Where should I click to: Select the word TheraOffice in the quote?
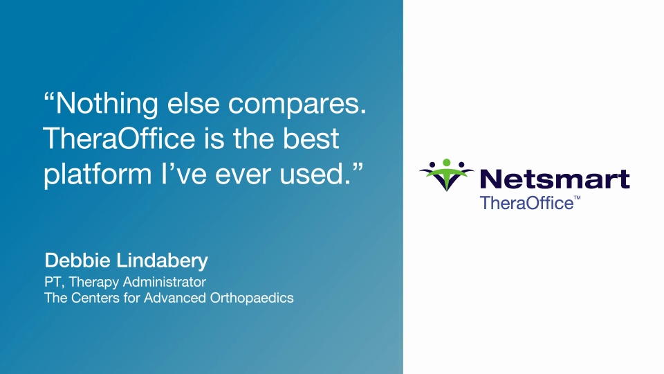[x=119, y=139]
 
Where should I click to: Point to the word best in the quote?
[x=311, y=139]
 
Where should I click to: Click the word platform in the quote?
[x=98, y=175]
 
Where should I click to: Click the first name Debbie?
[x=77, y=260]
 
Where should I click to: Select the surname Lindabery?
[x=162, y=261]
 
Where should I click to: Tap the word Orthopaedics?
[x=252, y=298]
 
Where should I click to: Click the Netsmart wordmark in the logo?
[x=555, y=179]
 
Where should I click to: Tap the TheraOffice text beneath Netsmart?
[x=526, y=203]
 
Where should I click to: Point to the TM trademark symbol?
[x=577, y=198]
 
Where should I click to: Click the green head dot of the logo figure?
[x=446, y=162]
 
